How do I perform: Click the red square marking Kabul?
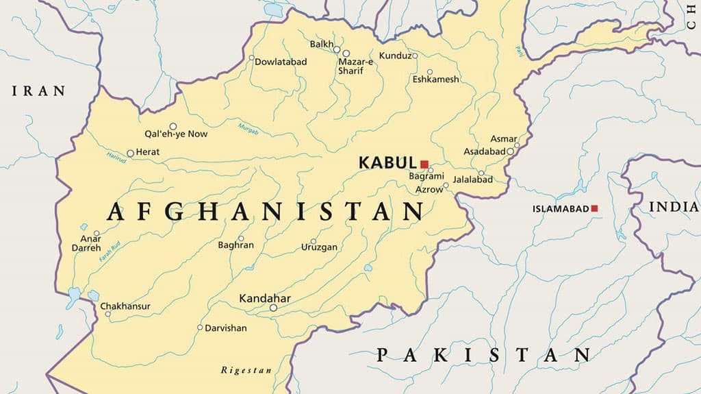[424, 164]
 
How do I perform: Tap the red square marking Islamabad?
[594, 208]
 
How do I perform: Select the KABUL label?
[387, 163]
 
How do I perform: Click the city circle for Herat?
[130, 153]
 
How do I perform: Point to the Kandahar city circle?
[273, 308]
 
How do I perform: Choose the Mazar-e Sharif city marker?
[346, 53]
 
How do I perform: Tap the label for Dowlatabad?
[281, 62]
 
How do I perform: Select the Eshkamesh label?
[435, 79]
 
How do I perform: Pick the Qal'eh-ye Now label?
[176, 134]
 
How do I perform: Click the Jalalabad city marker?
[481, 173]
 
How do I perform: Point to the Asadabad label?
[484, 151]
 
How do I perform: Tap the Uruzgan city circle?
[314, 241]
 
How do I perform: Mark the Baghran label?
[235, 245]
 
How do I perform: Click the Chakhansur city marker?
[107, 314]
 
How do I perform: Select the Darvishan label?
[226, 328]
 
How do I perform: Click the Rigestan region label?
[246, 371]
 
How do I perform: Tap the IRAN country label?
[39, 90]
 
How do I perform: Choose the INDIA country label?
[674, 206]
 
